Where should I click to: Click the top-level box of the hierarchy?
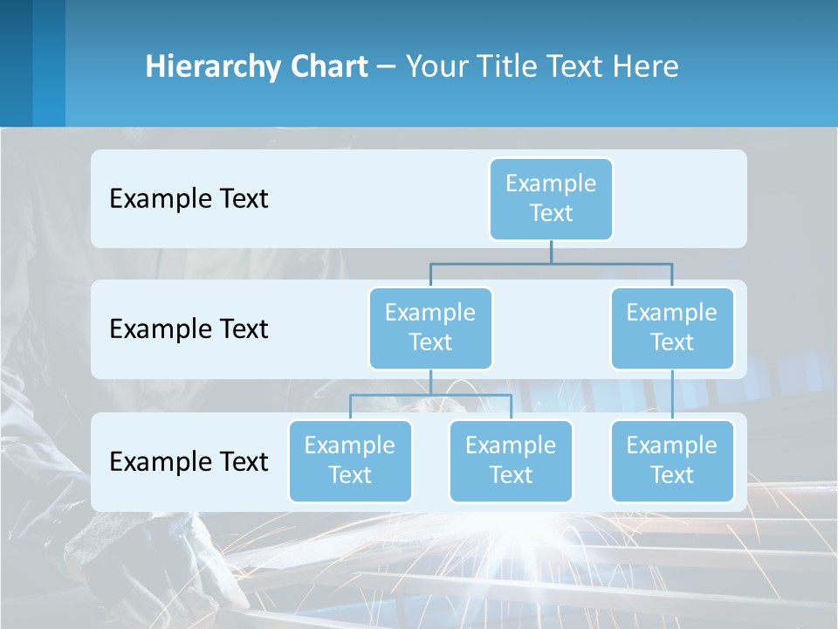click(x=551, y=198)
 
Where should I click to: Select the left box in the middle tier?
click(x=430, y=328)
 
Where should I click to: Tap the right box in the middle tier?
click(x=672, y=328)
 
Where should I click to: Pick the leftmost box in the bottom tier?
click(x=350, y=460)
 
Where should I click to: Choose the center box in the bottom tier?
click(x=511, y=460)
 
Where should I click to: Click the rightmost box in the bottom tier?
click(x=672, y=460)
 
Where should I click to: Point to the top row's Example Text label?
click(x=189, y=198)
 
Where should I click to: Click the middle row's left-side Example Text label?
click(x=189, y=328)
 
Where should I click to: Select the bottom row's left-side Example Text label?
click(x=189, y=461)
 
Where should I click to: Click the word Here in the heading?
click(x=646, y=66)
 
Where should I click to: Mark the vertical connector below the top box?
click(x=551, y=252)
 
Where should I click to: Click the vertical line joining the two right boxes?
click(x=672, y=395)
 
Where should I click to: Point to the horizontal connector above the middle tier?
click(x=551, y=263)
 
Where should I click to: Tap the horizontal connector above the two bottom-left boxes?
click(x=430, y=395)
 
